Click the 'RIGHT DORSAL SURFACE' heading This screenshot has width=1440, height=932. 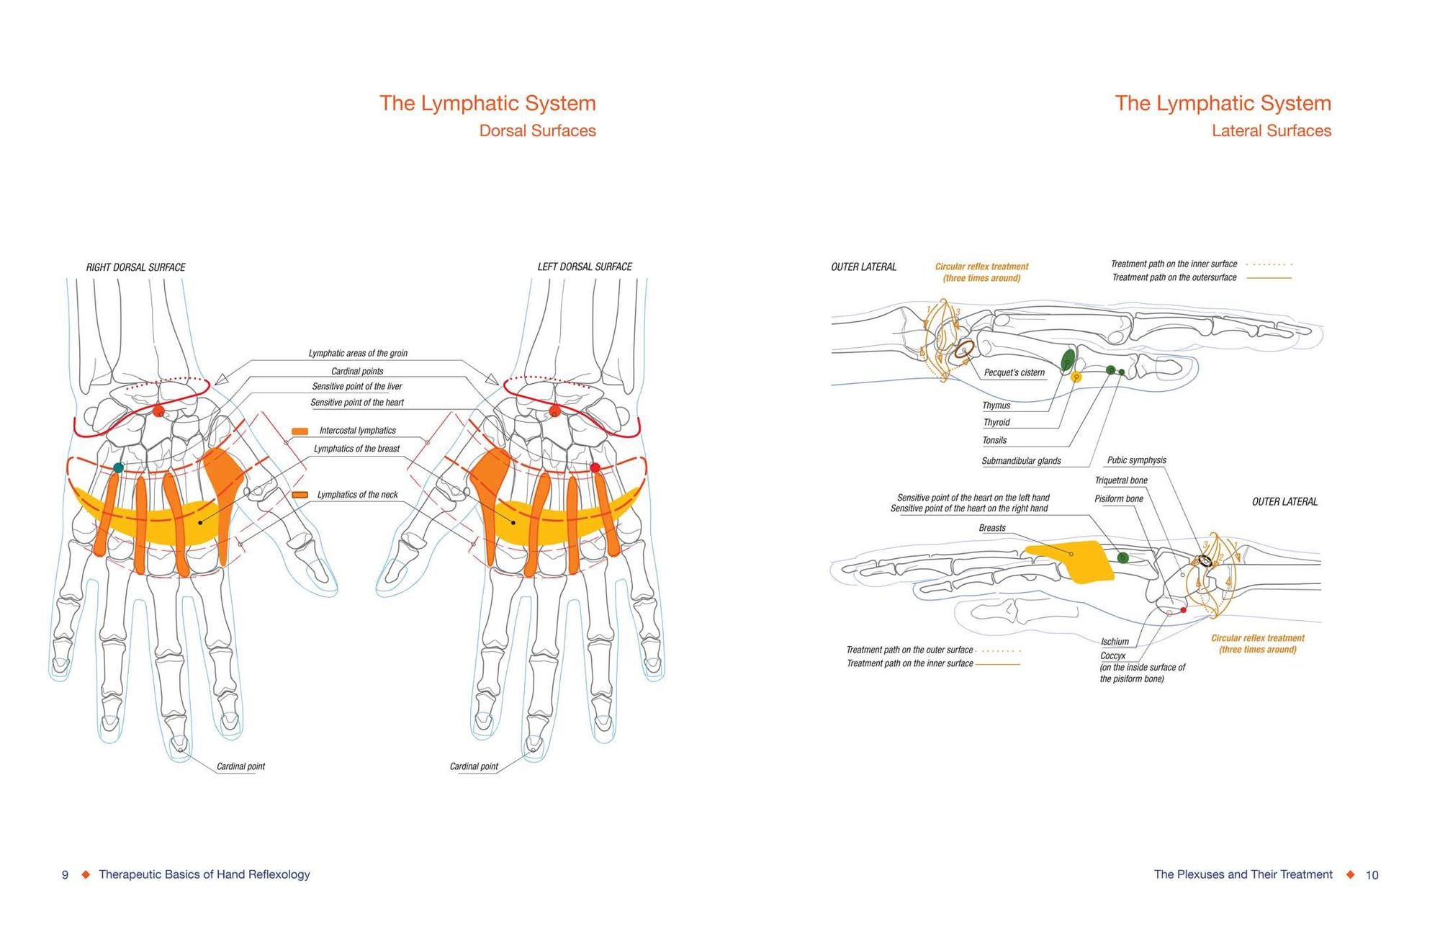tap(135, 267)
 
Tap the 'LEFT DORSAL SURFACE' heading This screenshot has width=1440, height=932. tap(585, 266)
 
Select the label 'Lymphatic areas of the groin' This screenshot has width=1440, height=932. tap(358, 354)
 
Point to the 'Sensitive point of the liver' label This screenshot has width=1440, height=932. tap(357, 387)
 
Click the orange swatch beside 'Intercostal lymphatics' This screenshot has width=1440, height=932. tap(300, 431)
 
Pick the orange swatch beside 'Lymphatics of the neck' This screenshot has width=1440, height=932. tap(300, 495)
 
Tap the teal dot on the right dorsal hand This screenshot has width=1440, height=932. tap(119, 468)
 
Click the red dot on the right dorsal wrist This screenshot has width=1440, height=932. tap(159, 411)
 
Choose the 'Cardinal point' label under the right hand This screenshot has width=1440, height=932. tap(240, 766)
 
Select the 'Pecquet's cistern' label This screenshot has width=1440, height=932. tap(1014, 372)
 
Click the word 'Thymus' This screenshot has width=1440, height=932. tap(996, 405)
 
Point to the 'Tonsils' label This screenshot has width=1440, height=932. tap(994, 440)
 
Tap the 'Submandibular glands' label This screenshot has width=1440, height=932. tap(1021, 461)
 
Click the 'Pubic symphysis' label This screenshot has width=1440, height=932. tap(1136, 460)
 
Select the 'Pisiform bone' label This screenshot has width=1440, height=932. tap(1118, 498)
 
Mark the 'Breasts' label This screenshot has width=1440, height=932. tap(991, 528)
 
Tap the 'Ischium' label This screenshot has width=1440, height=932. tap(1115, 642)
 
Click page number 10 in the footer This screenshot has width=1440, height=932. tap(1372, 875)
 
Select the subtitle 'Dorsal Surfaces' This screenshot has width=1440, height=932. tap(537, 131)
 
